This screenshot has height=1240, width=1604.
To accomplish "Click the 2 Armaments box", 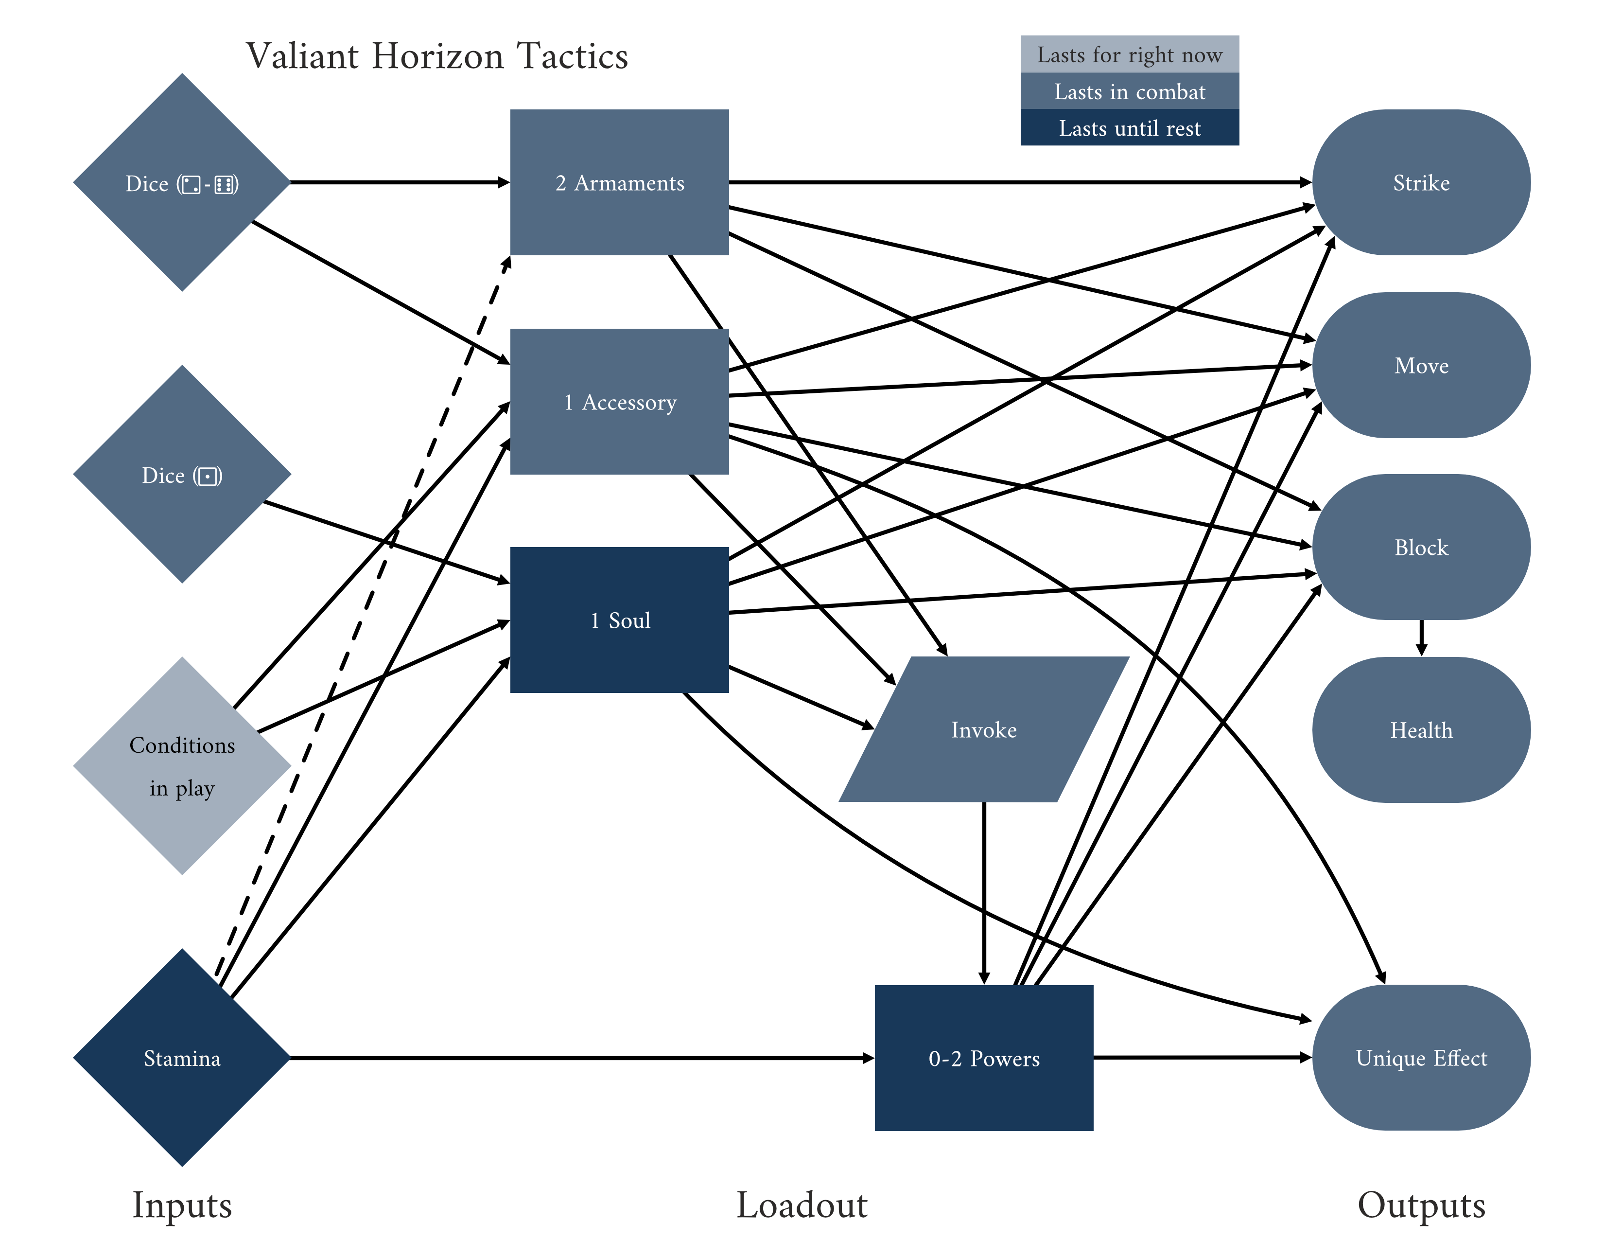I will [619, 182].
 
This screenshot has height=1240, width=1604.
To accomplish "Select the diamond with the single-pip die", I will [182, 475].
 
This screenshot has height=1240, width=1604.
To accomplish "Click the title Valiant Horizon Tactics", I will [437, 56].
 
